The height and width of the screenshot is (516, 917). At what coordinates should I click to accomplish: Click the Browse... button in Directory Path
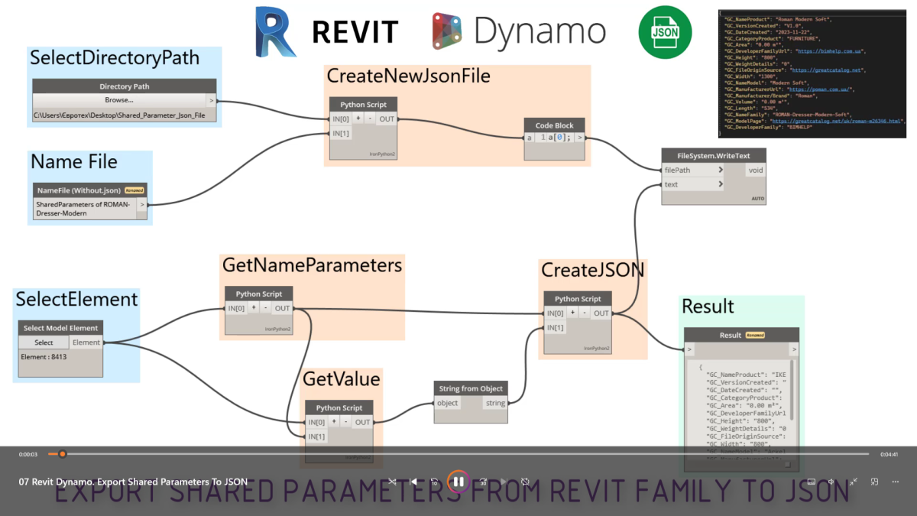pyautogui.click(x=118, y=100)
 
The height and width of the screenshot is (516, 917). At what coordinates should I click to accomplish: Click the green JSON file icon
pyautogui.click(x=665, y=33)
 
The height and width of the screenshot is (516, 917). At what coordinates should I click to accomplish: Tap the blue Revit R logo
pyautogui.click(x=276, y=31)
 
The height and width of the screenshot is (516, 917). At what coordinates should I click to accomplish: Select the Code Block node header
pyautogui.click(x=555, y=125)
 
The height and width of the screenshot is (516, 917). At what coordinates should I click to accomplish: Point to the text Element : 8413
pyautogui.click(x=44, y=357)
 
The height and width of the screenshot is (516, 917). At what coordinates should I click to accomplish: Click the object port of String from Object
pyautogui.click(x=447, y=403)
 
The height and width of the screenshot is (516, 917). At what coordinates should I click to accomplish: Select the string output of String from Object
pyautogui.click(x=495, y=403)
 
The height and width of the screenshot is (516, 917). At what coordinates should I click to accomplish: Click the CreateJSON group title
pyautogui.click(x=592, y=270)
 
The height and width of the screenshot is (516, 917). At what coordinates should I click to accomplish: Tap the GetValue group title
pyautogui.click(x=341, y=378)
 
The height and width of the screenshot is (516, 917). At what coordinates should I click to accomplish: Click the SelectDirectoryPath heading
pyautogui.click(x=114, y=58)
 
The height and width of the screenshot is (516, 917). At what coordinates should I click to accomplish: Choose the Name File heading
pyautogui.click(x=73, y=161)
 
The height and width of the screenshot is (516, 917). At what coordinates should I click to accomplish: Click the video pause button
pyautogui.click(x=458, y=482)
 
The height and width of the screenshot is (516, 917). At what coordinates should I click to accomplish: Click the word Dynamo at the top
pyautogui.click(x=540, y=31)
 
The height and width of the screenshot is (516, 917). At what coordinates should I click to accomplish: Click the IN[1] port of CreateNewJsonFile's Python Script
pyautogui.click(x=340, y=133)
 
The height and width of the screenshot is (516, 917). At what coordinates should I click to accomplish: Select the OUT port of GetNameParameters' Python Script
pyautogui.click(x=283, y=308)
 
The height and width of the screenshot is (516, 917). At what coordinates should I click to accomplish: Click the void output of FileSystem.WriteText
pyautogui.click(x=755, y=170)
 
